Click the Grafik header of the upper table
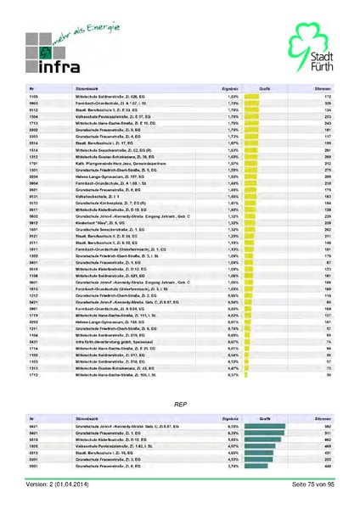264,87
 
